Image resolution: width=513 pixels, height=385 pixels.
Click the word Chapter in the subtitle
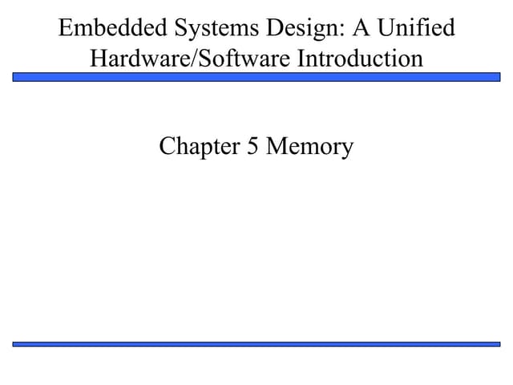pyautogui.click(x=200, y=147)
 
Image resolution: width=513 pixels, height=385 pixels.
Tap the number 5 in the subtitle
pyautogui.click(x=252, y=147)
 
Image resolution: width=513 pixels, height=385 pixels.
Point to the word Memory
pyautogui.click(x=309, y=147)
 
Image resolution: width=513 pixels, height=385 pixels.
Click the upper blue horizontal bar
pyautogui.click(x=256, y=77)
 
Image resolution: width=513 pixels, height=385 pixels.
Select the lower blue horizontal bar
pyautogui.click(x=256, y=343)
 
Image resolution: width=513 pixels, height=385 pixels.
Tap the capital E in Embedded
pyautogui.click(x=66, y=29)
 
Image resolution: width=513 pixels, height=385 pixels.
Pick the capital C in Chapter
pyautogui.click(x=167, y=147)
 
